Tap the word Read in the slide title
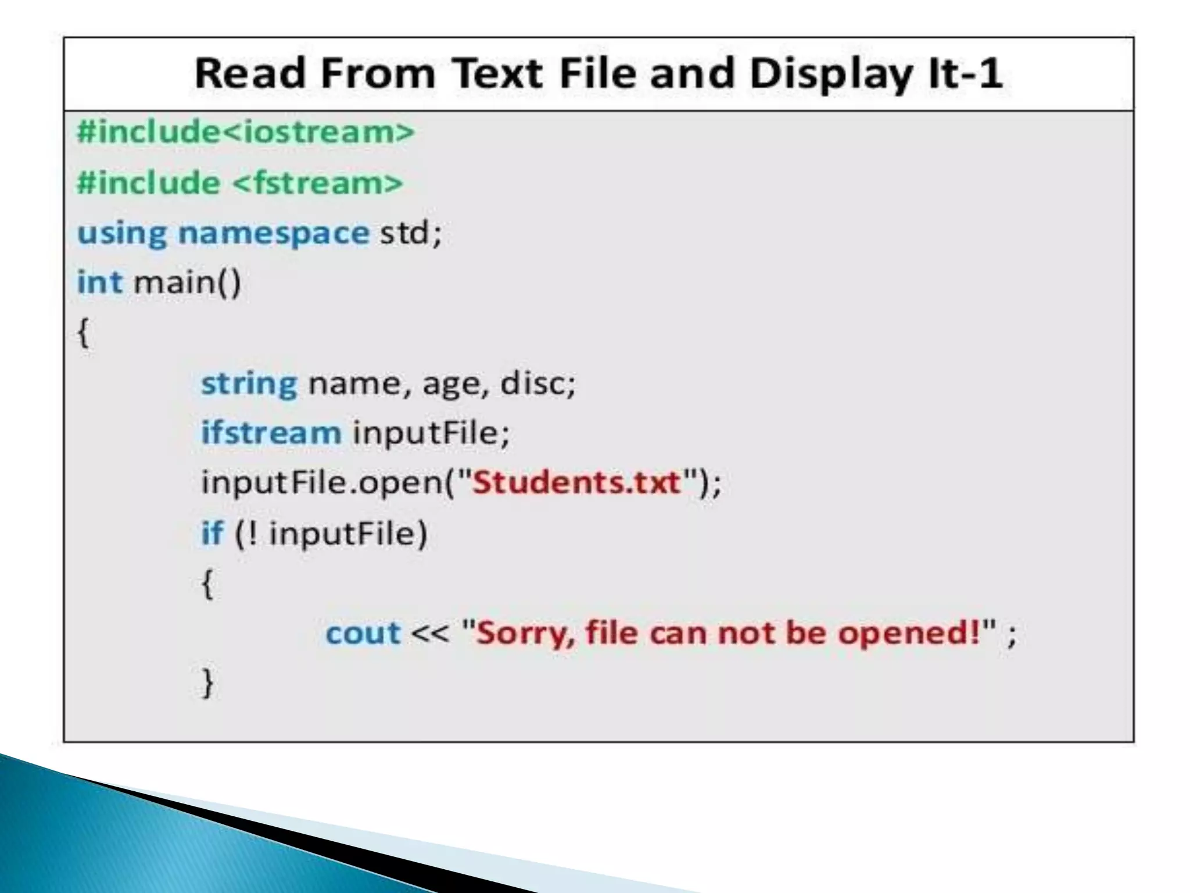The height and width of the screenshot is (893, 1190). [x=250, y=73]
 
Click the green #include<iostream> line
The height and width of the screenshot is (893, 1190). [x=246, y=131]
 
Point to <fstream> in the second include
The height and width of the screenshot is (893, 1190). [x=318, y=183]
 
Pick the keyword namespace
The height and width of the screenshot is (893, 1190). [x=273, y=234]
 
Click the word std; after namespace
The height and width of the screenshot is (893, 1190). [x=411, y=233]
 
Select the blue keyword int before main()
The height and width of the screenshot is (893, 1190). [x=99, y=283]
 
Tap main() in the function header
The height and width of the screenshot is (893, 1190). [x=187, y=283]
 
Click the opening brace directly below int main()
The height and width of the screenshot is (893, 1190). [x=84, y=333]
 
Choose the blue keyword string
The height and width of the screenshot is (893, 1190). [x=249, y=384]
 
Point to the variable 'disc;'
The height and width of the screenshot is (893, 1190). [x=537, y=383]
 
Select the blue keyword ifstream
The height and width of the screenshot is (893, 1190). [x=271, y=433]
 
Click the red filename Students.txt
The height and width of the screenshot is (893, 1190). [x=576, y=483]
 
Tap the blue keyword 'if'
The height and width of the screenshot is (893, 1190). [x=212, y=533]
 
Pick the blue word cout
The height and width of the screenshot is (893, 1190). [x=363, y=633]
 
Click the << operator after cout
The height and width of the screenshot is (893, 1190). [x=430, y=633]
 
